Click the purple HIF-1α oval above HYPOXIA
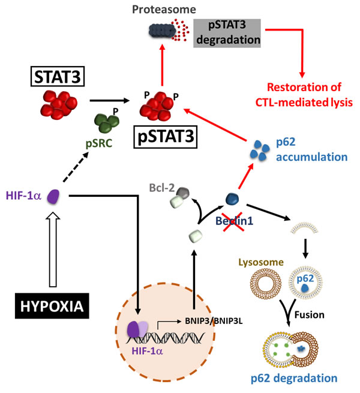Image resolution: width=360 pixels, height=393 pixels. [52, 196]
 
